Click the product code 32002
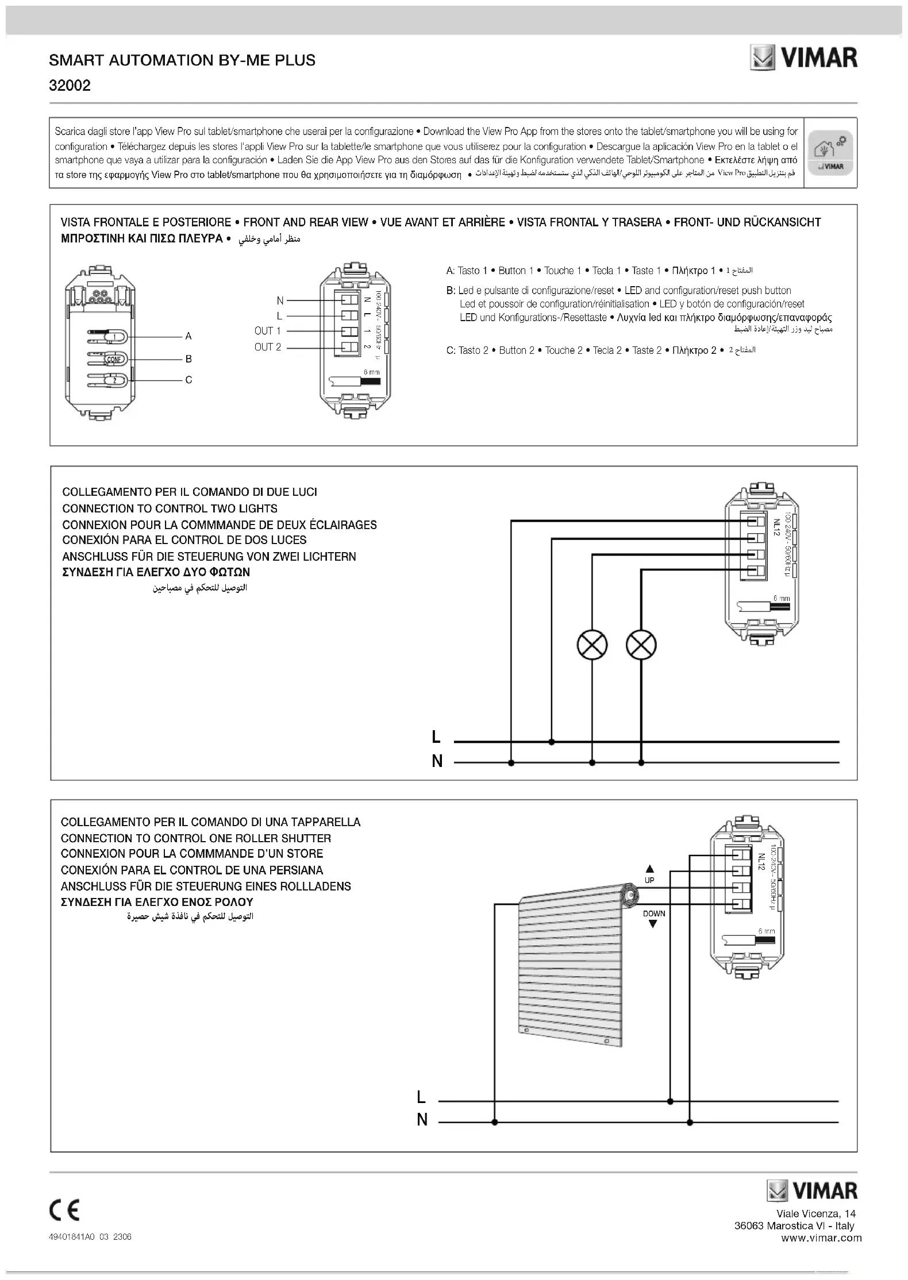70,86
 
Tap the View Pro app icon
830,153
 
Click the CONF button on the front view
114,359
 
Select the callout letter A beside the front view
188,336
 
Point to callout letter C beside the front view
188,380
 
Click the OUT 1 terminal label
267,331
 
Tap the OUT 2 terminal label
267,347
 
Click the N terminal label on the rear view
280,300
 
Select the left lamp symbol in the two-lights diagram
592,645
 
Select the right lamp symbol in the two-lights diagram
641,645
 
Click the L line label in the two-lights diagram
436,737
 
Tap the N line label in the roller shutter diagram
422,1120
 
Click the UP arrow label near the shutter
650,874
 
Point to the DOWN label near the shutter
654,913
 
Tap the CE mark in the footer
64,1211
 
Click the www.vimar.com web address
821,1238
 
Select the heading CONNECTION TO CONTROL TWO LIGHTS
170,508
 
